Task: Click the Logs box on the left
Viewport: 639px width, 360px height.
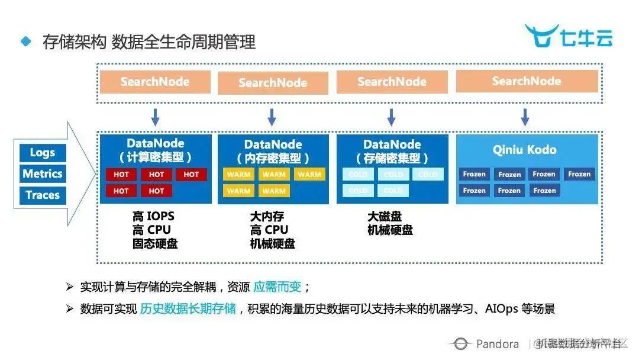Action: (x=42, y=153)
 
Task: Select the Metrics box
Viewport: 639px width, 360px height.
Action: (x=42, y=174)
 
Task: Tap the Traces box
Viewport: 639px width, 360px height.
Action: (x=42, y=195)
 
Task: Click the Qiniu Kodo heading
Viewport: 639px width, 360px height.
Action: (x=525, y=150)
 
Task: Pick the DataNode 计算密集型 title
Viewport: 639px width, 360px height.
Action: (x=156, y=151)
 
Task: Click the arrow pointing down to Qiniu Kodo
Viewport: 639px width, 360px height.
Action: (x=525, y=117)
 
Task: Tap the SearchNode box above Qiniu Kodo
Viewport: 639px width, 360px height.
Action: (x=526, y=81)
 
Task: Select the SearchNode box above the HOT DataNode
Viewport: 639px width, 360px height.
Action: (x=155, y=82)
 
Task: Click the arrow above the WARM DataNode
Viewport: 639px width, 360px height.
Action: (x=272, y=117)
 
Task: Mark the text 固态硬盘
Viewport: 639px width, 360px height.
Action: (x=155, y=243)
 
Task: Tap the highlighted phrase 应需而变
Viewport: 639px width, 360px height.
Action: (x=277, y=287)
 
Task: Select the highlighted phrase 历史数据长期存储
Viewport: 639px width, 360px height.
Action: (x=188, y=308)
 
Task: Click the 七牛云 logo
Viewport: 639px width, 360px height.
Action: (x=568, y=37)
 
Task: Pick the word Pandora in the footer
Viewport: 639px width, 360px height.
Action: (x=497, y=344)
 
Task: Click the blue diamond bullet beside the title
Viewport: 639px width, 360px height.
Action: (x=25, y=41)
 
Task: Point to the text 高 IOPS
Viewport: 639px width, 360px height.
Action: (x=153, y=217)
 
